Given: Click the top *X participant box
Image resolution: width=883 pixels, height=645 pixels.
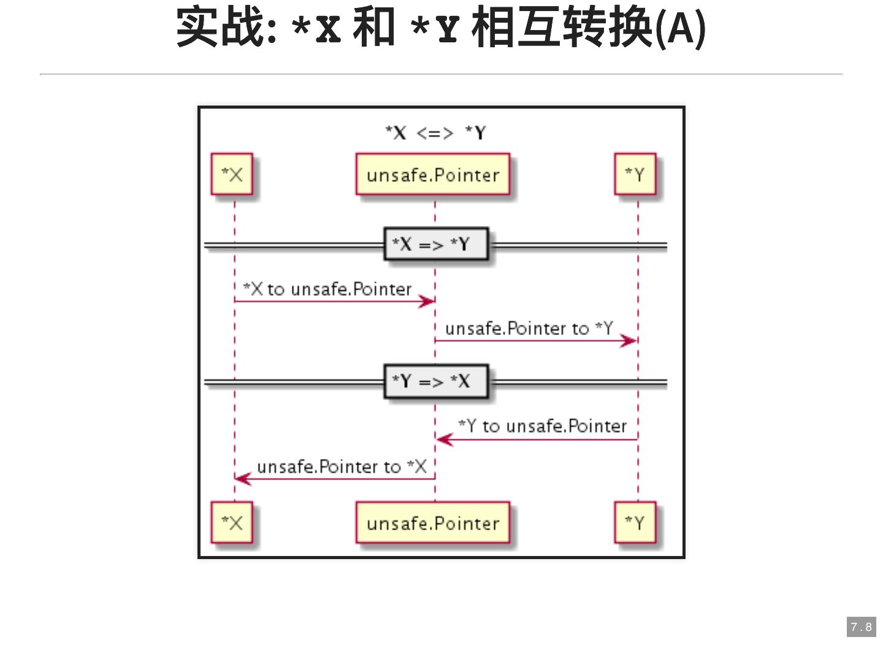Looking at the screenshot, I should pos(232,175).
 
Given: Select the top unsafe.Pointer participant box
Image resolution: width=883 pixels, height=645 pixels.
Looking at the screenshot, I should pos(433,175).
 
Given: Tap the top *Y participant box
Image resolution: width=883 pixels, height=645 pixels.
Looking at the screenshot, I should pos(635,175).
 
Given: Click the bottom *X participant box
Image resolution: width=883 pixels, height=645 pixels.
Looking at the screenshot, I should pos(232,523).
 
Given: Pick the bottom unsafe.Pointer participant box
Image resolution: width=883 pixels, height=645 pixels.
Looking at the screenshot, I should pos(433,523).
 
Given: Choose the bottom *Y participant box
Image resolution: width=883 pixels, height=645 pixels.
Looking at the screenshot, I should pos(635,523).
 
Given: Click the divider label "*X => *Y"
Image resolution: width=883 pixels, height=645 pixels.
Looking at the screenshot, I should pos(436,244).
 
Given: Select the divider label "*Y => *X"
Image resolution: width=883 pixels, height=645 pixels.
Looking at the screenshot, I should pos(436,381).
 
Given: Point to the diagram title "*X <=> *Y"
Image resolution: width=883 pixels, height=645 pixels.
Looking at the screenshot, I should pos(435,133).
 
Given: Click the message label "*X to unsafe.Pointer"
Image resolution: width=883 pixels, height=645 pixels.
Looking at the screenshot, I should pos(327,289).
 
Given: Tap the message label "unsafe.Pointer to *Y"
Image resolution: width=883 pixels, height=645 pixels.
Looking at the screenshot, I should pos(529,328).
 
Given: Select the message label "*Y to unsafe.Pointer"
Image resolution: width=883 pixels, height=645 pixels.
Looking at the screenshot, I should pos(543,426).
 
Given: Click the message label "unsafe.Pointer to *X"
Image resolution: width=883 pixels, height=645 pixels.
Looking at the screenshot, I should pos(342,466).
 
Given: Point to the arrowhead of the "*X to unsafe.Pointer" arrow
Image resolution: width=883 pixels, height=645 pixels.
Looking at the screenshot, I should pos(427,301).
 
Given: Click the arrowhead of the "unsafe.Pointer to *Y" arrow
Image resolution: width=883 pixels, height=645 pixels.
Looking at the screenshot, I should pos(629,341).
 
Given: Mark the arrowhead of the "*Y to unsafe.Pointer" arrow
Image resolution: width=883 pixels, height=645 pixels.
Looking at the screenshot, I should pos(444,439).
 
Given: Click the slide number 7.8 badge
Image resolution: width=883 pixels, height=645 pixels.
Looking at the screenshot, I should pos(862,627).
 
